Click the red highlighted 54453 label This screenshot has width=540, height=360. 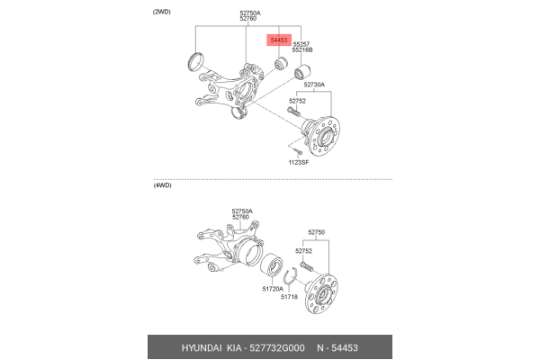[x=280, y=40]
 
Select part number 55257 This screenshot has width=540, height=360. [x=301, y=44]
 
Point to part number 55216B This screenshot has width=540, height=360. [x=303, y=51]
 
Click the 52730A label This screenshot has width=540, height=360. [x=312, y=85]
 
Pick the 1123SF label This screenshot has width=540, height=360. [x=298, y=162]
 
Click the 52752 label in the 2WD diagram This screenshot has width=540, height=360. [x=298, y=102]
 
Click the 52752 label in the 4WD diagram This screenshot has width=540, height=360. [x=304, y=251]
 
